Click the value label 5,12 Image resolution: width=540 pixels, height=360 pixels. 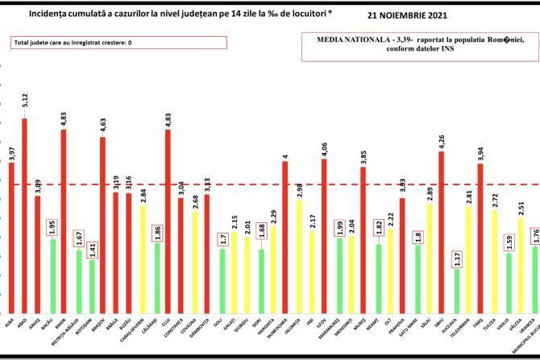click(25, 101)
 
